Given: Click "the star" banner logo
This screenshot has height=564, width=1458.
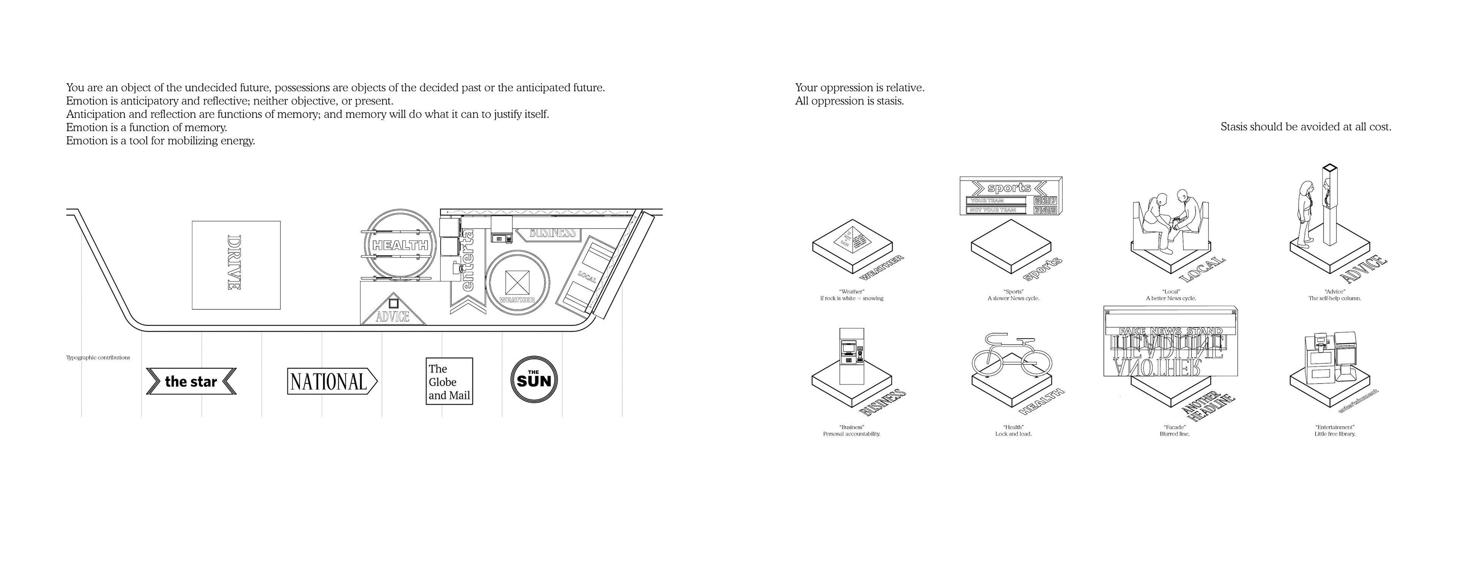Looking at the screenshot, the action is pos(191,381).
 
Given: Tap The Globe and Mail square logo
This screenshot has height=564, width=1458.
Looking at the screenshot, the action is pos(449,381).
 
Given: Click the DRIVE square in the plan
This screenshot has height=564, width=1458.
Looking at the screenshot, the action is pos(236,265).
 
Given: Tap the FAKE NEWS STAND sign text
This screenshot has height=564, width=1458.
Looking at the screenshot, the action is pos(1171,331).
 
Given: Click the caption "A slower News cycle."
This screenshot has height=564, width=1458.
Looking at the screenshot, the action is pos(1013,298).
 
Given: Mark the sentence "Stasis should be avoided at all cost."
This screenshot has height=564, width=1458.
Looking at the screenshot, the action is pos(1305,127).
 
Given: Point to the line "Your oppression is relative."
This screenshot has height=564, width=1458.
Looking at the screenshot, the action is pos(859,88).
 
